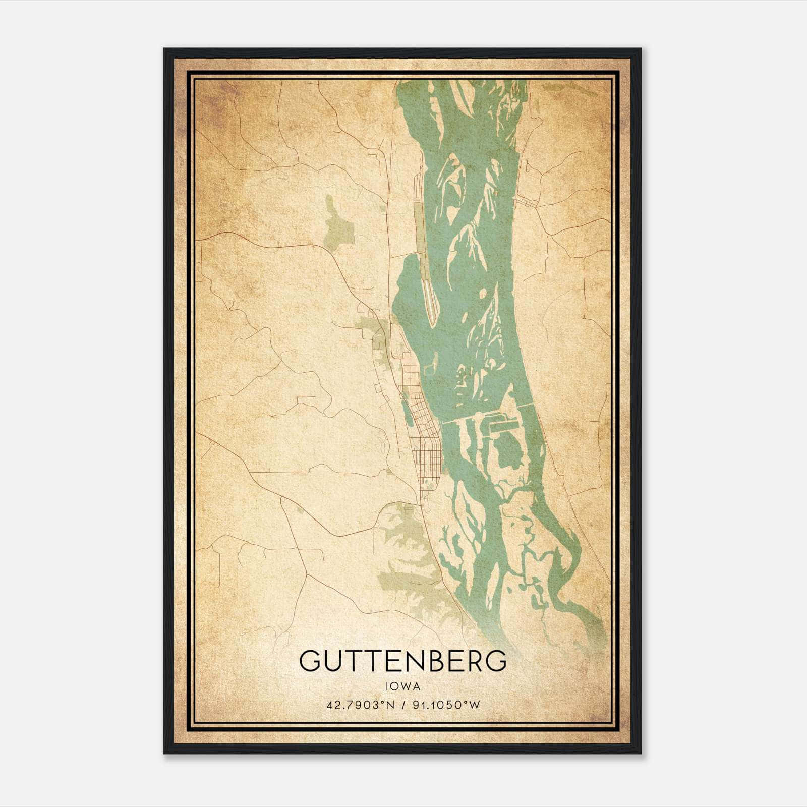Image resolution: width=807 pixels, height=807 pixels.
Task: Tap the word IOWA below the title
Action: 403,686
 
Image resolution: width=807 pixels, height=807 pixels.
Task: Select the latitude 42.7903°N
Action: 359,705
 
